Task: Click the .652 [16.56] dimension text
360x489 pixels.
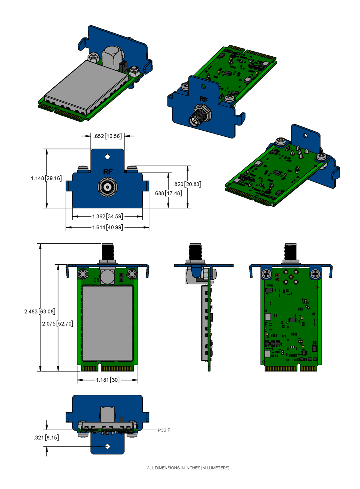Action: coord(108,136)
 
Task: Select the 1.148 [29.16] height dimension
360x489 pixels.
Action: coord(46,178)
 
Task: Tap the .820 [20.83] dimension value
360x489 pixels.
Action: coord(187,184)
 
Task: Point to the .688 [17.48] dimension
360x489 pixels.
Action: coord(168,193)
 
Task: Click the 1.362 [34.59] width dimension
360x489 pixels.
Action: coord(108,216)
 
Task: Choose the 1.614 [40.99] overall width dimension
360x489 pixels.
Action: coord(108,227)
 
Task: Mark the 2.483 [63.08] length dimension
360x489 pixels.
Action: coord(40,311)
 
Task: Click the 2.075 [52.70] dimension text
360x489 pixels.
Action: coord(58,323)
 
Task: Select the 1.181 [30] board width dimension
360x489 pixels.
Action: coord(108,380)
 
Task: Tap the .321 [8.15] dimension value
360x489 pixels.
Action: coord(46,437)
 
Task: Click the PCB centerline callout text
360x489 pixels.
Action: coord(164,430)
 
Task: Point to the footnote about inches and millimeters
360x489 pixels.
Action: coord(188,468)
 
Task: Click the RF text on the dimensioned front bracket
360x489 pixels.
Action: coord(108,172)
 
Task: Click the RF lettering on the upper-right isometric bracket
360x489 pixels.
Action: coord(204,99)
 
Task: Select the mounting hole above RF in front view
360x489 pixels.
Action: coord(107,157)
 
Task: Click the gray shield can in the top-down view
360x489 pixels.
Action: coord(108,323)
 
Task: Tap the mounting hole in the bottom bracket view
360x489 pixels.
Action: coord(107,447)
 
